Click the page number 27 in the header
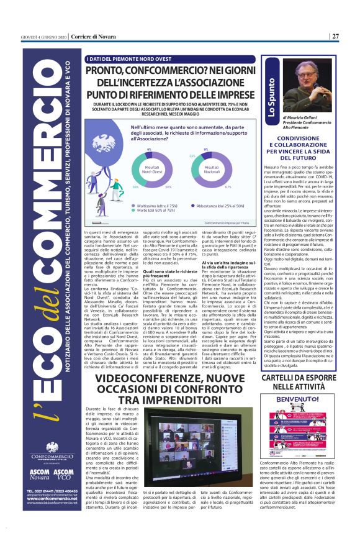(335, 36)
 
